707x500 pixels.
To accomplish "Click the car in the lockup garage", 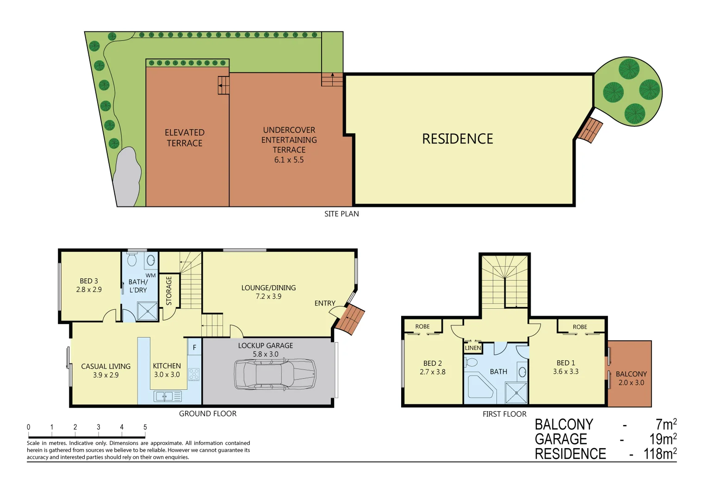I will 275,374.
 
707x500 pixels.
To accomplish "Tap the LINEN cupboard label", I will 473,348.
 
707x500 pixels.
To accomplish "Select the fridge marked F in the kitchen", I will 194,347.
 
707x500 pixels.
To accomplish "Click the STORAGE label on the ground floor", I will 169,291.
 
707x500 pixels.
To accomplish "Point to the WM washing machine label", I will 150,275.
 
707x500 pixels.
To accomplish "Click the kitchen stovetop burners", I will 194,374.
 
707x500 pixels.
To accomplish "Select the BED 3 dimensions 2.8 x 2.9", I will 89,290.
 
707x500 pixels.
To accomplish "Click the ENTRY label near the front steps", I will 325,303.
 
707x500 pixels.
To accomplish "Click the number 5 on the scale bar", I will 145,427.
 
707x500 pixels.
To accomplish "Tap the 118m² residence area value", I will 660,454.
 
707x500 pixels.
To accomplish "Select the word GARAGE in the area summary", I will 561,439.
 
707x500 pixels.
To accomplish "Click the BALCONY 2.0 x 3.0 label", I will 631,378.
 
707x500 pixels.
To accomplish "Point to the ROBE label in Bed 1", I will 580,327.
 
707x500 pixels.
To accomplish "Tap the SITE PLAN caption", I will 341,214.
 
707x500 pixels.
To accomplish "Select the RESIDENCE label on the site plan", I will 458,139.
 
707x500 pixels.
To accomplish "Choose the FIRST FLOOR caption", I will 504,414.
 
